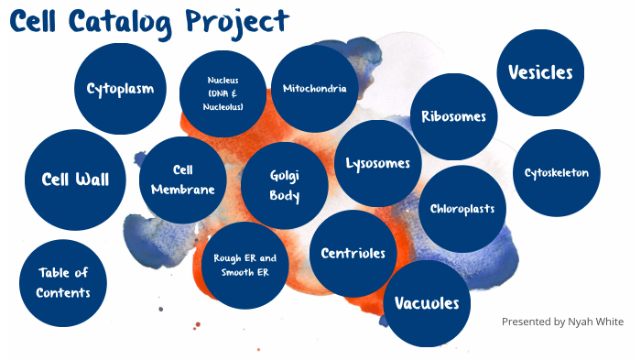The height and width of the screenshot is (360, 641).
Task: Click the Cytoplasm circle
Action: tap(120, 89)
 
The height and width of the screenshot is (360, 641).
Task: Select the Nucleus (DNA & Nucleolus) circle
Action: tap(224, 93)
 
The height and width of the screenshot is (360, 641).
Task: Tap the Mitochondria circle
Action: tap(315, 89)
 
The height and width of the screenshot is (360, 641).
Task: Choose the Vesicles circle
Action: tap(540, 73)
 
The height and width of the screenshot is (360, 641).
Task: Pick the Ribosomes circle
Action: tap(453, 116)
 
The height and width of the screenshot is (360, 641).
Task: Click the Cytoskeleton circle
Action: tap(557, 172)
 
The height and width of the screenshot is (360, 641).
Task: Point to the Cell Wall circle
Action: tap(75, 179)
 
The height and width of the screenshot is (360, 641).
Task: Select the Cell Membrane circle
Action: tap(182, 180)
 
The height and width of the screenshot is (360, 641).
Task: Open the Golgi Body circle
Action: tap(285, 185)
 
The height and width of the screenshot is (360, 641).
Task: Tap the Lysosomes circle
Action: tap(377, 164)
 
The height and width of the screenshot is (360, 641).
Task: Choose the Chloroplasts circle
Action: tap(462, 209)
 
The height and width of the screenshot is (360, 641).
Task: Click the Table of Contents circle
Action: tap(63, 283)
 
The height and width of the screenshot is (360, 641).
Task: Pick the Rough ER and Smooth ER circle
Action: tap(244, 265)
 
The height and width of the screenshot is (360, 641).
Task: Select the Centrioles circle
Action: tap(353, 253)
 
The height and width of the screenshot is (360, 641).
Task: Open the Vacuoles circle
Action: tap(427, 303)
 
